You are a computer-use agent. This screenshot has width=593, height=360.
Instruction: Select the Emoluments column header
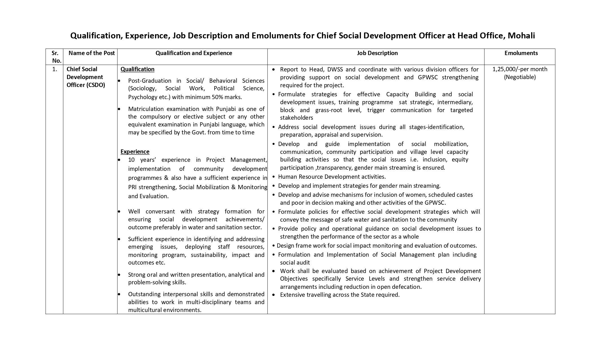click(521, 53)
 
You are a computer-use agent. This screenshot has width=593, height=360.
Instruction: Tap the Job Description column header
click(377, 53)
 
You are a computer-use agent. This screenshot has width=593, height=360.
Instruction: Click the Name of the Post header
click(92, 53)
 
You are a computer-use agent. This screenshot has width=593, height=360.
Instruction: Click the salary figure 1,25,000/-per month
click(520, 69)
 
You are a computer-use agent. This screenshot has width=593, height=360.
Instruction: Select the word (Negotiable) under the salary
click(520, 77)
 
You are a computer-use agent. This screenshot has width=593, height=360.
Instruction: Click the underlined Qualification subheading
click(138, 69)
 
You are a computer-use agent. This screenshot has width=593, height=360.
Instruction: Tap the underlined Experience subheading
click(135, 152)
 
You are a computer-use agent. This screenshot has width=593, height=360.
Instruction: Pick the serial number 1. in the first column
click(55, 69)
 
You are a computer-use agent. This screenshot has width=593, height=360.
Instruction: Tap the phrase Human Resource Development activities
click(332, 177)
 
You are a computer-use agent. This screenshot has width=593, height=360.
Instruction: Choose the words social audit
click(295, 263)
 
